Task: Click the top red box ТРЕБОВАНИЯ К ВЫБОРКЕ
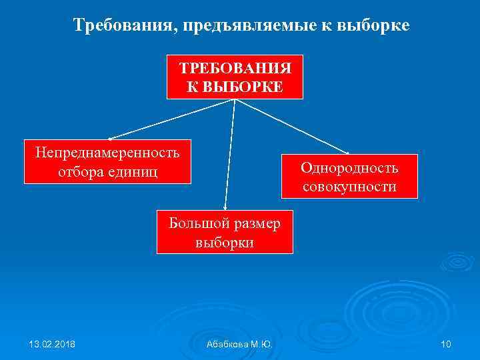click(x=235, y=77)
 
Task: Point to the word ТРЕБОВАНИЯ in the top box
click(x=235, y=69)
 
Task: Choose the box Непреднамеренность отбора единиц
click(x=107, y=161)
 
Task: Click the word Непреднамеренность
click(x=107, y=153)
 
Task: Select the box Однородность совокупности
click(x=349, y=177)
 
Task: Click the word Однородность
click(x=349, y=168)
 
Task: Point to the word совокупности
click(x=349, y=187)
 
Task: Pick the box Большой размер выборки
click(x=225, y=232)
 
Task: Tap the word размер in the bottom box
click(x=255, y=223)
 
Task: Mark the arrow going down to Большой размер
click(x=230, y=157)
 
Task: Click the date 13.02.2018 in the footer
click(x=52, y=343)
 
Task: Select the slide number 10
click(x=446, y=343)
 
